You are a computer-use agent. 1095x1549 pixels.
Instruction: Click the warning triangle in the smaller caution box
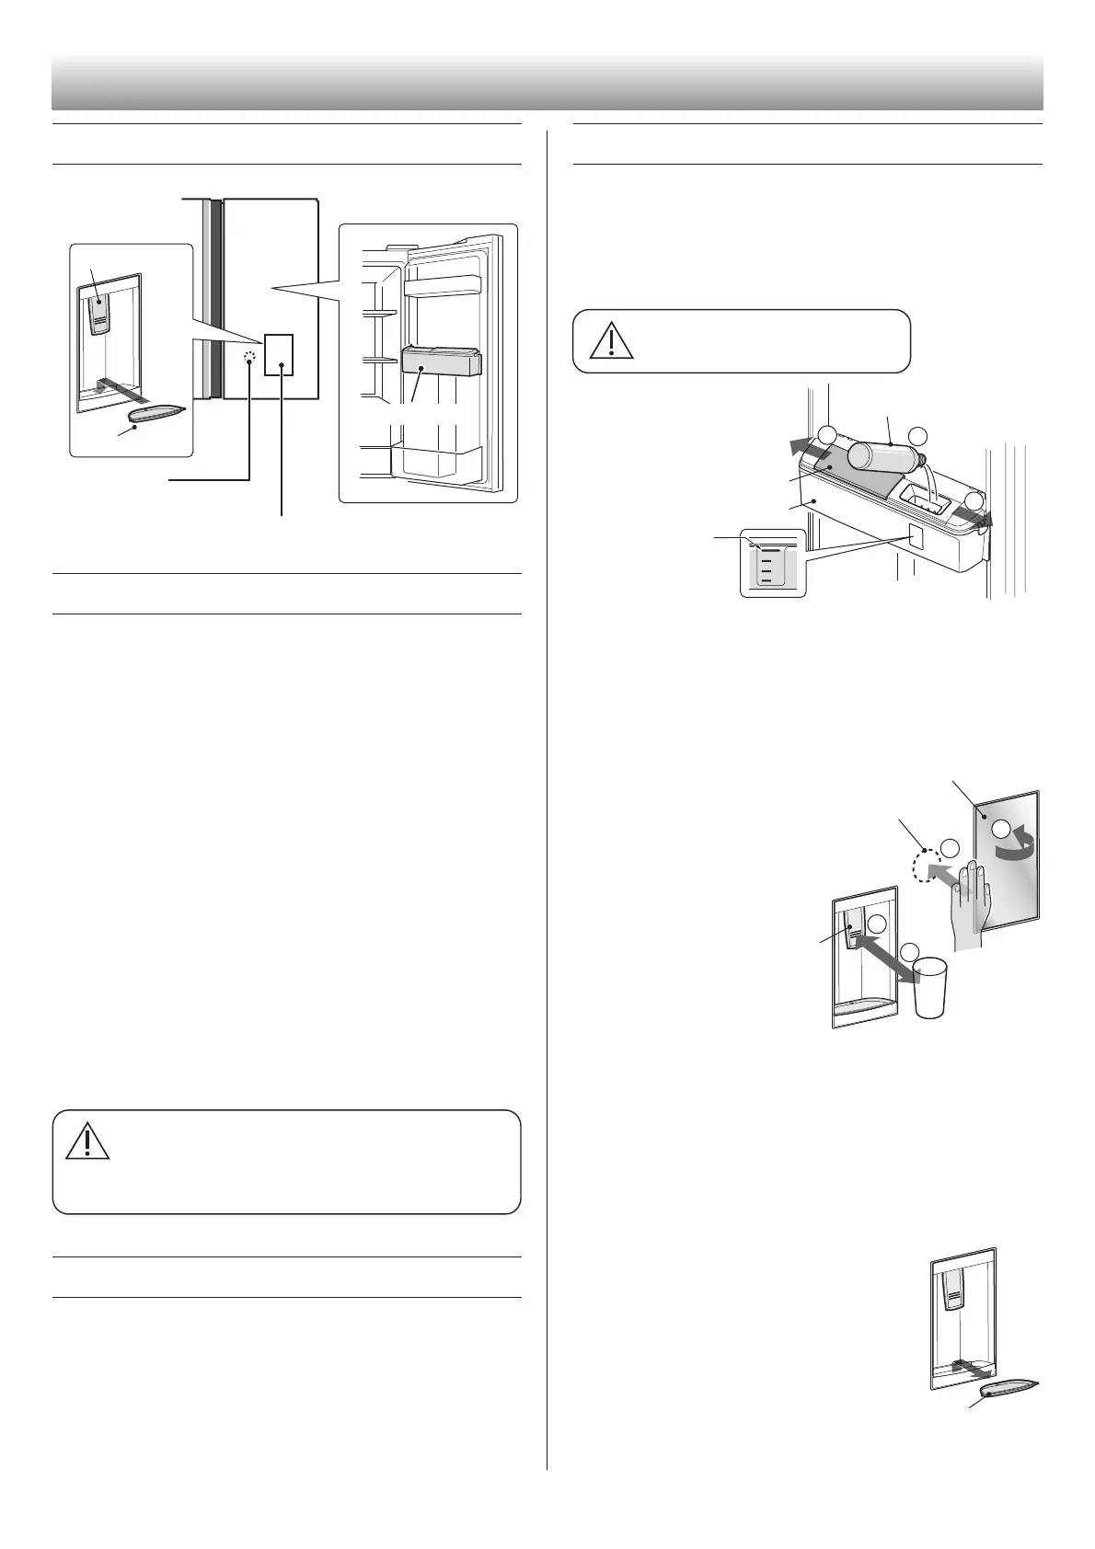click(x=606, y=340)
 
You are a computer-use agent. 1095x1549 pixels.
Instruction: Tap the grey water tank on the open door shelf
click(x=442, y=362)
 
